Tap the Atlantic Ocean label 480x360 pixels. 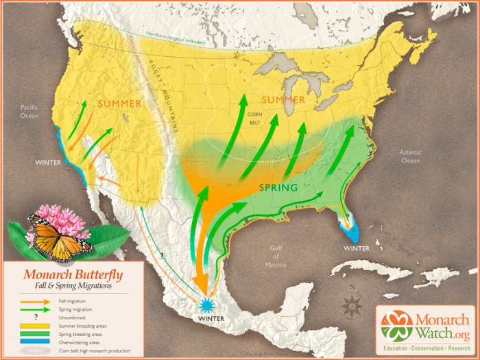click(410, 156)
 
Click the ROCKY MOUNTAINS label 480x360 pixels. click(164, 101)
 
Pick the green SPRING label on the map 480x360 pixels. click(278, 187)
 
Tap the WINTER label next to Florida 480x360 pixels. click(357, 248)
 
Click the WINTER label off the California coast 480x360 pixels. click(48, 163)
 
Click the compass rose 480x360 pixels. click(352, 302)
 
